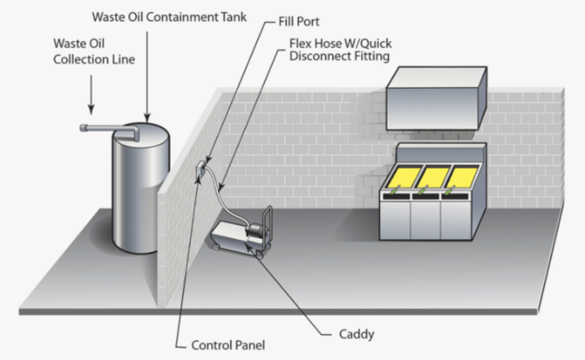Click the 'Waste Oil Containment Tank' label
[x=170, y=17]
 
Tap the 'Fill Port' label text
[x=299, y=21]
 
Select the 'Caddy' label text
[x=356, y=334]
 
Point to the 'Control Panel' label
[x=228, y=345]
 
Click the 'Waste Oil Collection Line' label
[x=94, y=51]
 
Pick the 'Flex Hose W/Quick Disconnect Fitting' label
[x=340, y=49]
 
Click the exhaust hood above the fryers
[x=437, y=99]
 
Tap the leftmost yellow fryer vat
[x=402, y=177]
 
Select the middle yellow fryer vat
[x=433, y=177]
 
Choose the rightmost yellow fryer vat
[x=462, y=177]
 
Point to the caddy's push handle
[x=268, y=225]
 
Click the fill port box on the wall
[x=201, y=170]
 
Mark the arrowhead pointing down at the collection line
[x=91, y=109]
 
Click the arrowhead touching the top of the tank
[x=147, y=118]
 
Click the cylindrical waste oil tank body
[x=141, y=188]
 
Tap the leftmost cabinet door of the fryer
[x=395, y=220]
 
